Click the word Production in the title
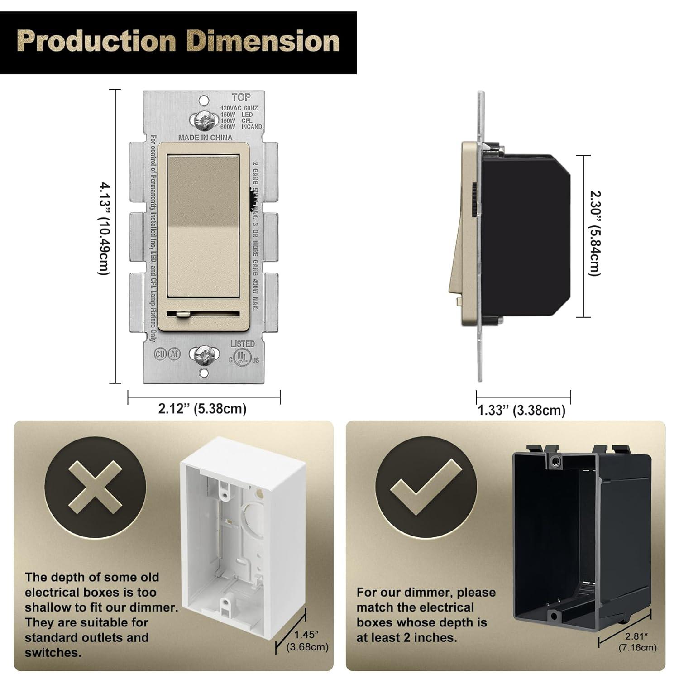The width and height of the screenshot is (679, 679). [96, 41]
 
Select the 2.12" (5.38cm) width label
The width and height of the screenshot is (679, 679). [202, 409]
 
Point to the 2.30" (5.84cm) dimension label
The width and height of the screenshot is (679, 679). [595, 233]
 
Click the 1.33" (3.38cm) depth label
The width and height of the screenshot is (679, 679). [522, 410]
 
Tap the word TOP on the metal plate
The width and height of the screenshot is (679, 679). [241, 97]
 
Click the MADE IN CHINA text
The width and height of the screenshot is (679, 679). [205, 138]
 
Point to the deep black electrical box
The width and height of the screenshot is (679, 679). [582, 534]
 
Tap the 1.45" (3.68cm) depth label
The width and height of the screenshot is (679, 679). [307, 641]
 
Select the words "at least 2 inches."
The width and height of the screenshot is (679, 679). [407, 638]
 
